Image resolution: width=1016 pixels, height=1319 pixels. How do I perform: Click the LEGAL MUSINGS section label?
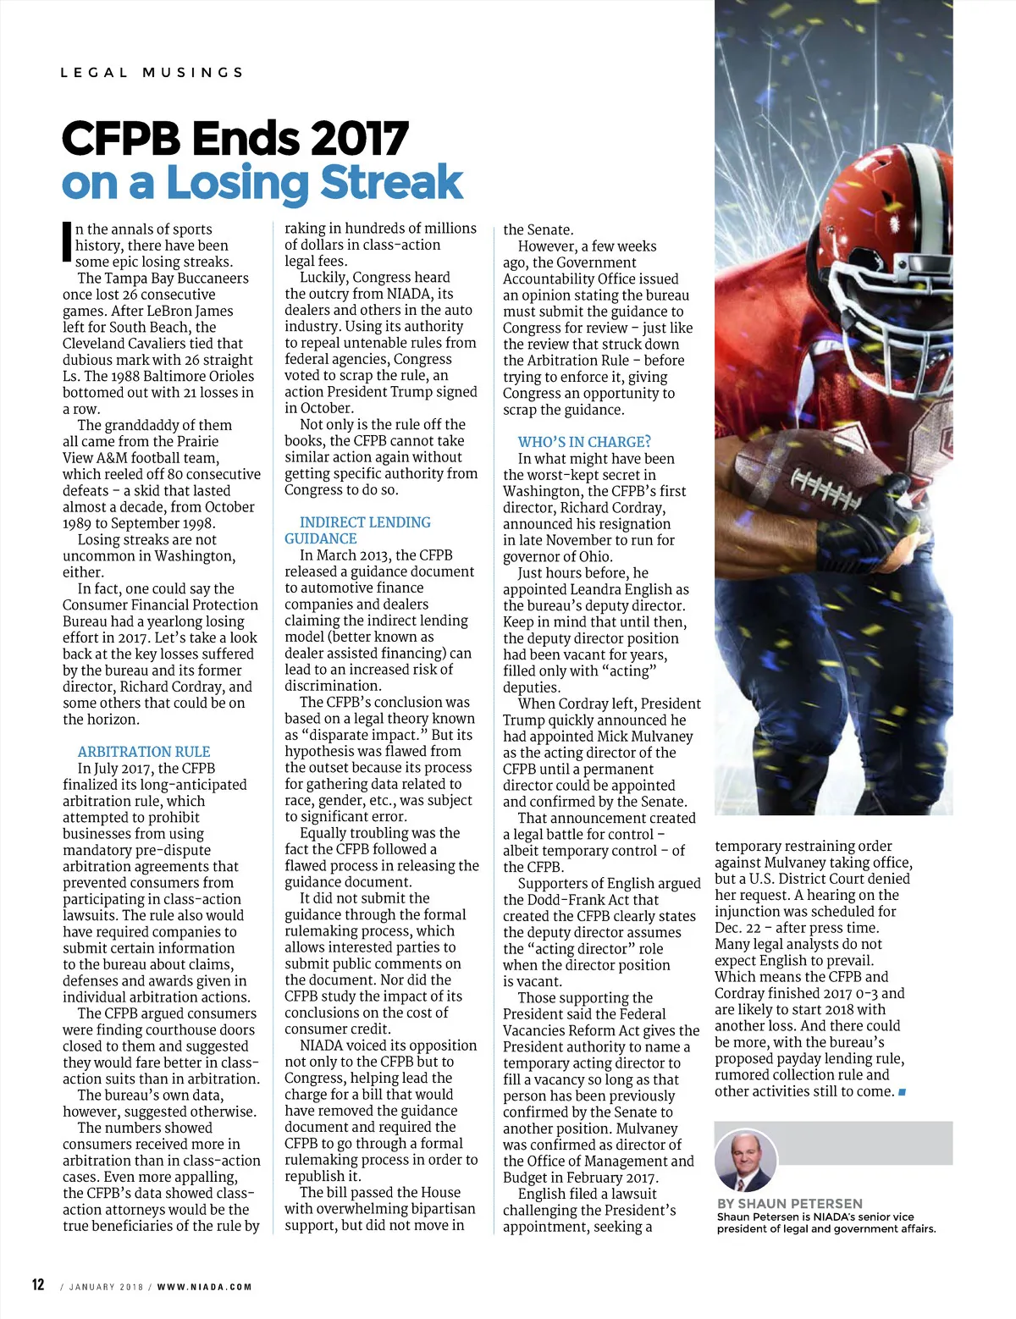click(x=152, y=73)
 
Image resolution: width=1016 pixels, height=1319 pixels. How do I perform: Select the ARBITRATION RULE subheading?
click(x=144, y=752)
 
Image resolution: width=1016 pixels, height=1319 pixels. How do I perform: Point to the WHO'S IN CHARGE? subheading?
click(x=584, y=442)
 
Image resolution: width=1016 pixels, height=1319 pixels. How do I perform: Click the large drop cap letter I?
click(x=67, y=241)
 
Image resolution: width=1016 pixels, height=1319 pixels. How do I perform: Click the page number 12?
click(x=38, y=1284)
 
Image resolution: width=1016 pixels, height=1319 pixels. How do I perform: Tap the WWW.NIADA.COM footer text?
click(x=204, y=1287)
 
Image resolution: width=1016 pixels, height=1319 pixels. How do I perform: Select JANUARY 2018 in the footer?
click(x=107, y=1287)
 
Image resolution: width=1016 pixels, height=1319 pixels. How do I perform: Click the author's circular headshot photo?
click(x=746, y=1160)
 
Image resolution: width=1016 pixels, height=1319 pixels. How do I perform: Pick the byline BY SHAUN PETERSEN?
click(x=789, y=1203)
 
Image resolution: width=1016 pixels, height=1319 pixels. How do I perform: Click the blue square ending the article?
click(x=902, y=1092)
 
